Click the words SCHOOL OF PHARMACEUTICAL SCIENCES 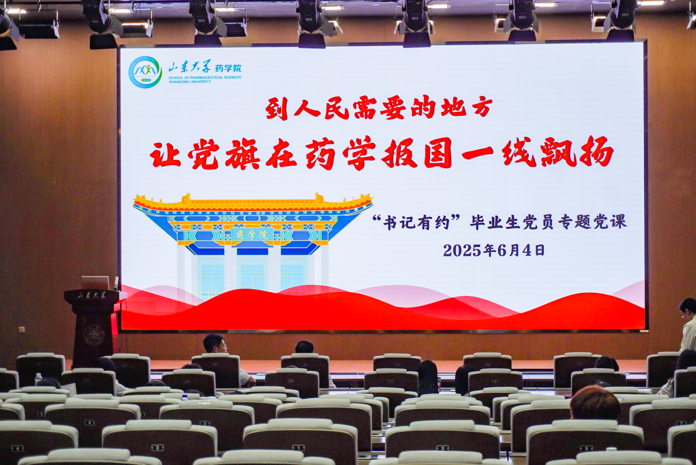[205, 77]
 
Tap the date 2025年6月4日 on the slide [494, 251]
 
